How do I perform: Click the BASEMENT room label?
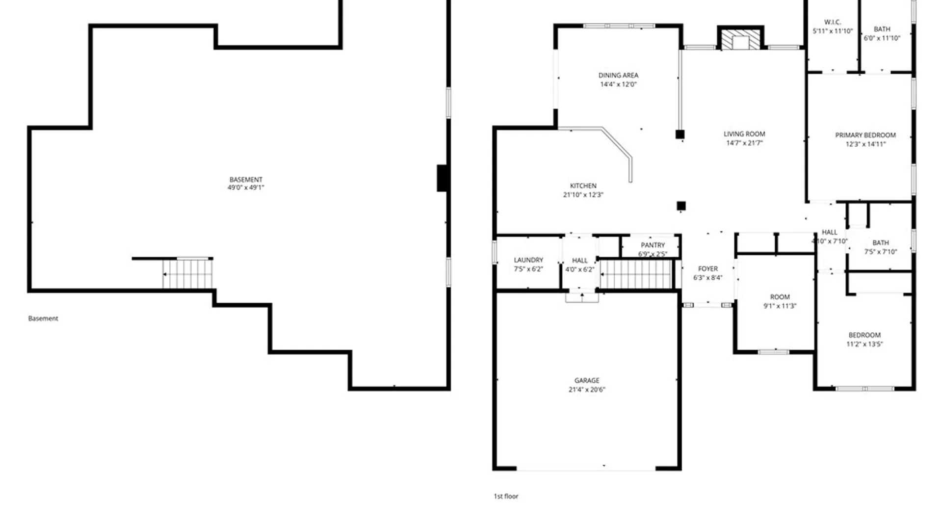click(246, 180)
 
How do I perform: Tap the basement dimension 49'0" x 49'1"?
click(246, 187)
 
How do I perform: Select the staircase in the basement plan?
click(187, 274)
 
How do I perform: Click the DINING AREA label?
click(618, 75)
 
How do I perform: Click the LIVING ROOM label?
click(744, 134)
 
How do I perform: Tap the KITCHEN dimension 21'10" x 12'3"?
click(583, 195)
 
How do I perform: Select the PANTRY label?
click(653, 245)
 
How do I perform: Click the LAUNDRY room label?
click(528, 260)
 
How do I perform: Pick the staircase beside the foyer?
click(636, 274)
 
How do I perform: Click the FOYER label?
click(707, 268)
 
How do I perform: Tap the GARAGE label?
click(587, 380)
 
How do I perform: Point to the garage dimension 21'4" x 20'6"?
click(587, 390)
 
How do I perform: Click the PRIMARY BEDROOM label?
click(865, 135)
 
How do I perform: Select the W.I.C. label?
click(833, 22)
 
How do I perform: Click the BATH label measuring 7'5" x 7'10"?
click(881, 242)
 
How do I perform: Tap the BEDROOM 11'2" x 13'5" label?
click(864, 335)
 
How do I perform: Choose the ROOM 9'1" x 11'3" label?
click(780, 297)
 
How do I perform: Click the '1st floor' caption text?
click(506, 496)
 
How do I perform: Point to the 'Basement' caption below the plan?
click(43, 318)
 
